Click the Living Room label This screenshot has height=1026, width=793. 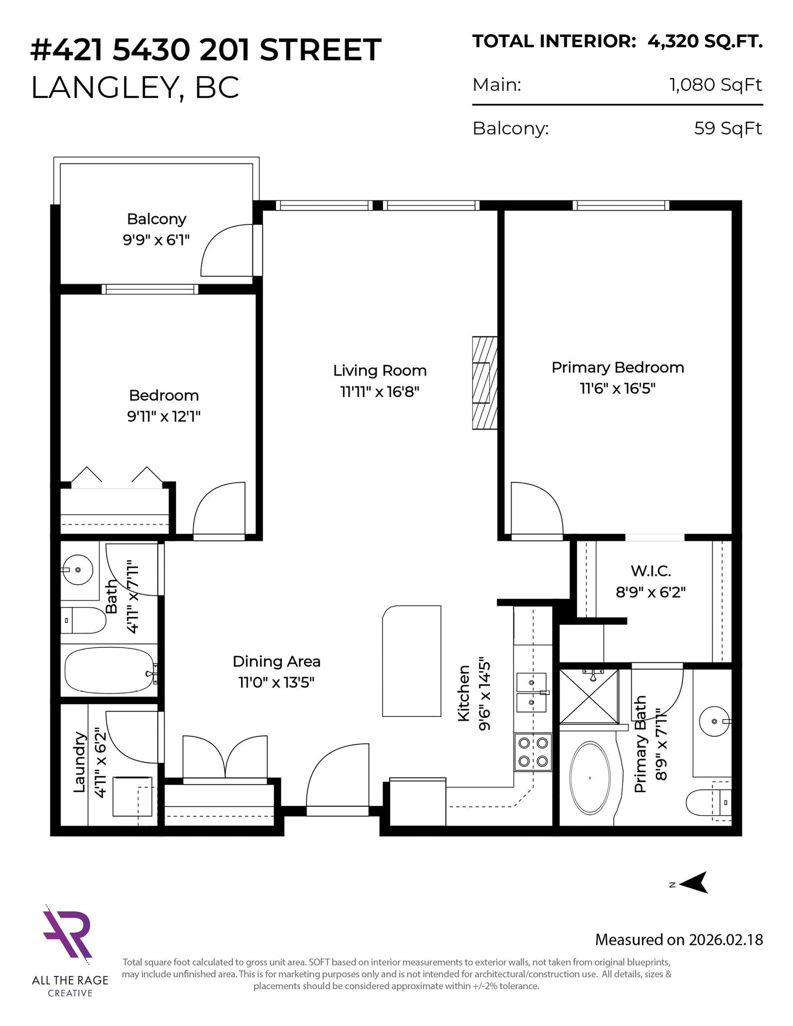(x=380, y=371)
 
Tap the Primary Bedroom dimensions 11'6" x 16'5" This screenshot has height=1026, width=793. (x=618, y=388)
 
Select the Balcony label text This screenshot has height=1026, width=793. (x=157, y=219)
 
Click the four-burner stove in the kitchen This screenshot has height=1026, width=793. (x=533, y=752)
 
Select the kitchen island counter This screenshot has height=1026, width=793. (x=411, y=661)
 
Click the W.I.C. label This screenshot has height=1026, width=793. (x=651, y=571)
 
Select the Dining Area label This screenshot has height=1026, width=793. (x=277, y=661)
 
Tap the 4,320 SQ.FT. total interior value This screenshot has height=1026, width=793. (x=705, y=42)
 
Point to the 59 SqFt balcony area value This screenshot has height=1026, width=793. (x=728, y=128)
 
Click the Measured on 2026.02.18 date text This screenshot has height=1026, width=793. (x=679, y=939)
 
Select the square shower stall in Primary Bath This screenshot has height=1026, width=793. (x=589, y=697)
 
